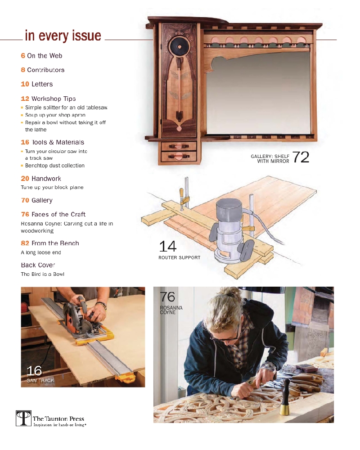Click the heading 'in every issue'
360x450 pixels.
coord(63,36)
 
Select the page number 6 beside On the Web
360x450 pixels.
coord(22,56)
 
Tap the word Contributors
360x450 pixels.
coord(45,70)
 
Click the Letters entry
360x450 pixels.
coord(42,84)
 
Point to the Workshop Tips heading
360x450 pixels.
coord(54,99)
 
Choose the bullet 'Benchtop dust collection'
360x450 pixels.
coord(54,166)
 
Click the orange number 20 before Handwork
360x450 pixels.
coord(25,179)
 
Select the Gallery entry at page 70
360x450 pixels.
coord(42,200)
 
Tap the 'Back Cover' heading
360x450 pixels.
coord(38,265)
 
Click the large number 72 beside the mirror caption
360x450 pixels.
coord(301,157)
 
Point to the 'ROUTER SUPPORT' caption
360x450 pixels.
coord(179,258)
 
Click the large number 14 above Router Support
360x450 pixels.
coord(167,247)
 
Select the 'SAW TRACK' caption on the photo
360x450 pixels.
coord(40,381)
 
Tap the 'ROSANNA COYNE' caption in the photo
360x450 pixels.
coord(168,310)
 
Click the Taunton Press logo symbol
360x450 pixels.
coord(23,418)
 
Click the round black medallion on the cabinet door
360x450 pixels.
coord(179,46)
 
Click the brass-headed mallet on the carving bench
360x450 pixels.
coord(284,398)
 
